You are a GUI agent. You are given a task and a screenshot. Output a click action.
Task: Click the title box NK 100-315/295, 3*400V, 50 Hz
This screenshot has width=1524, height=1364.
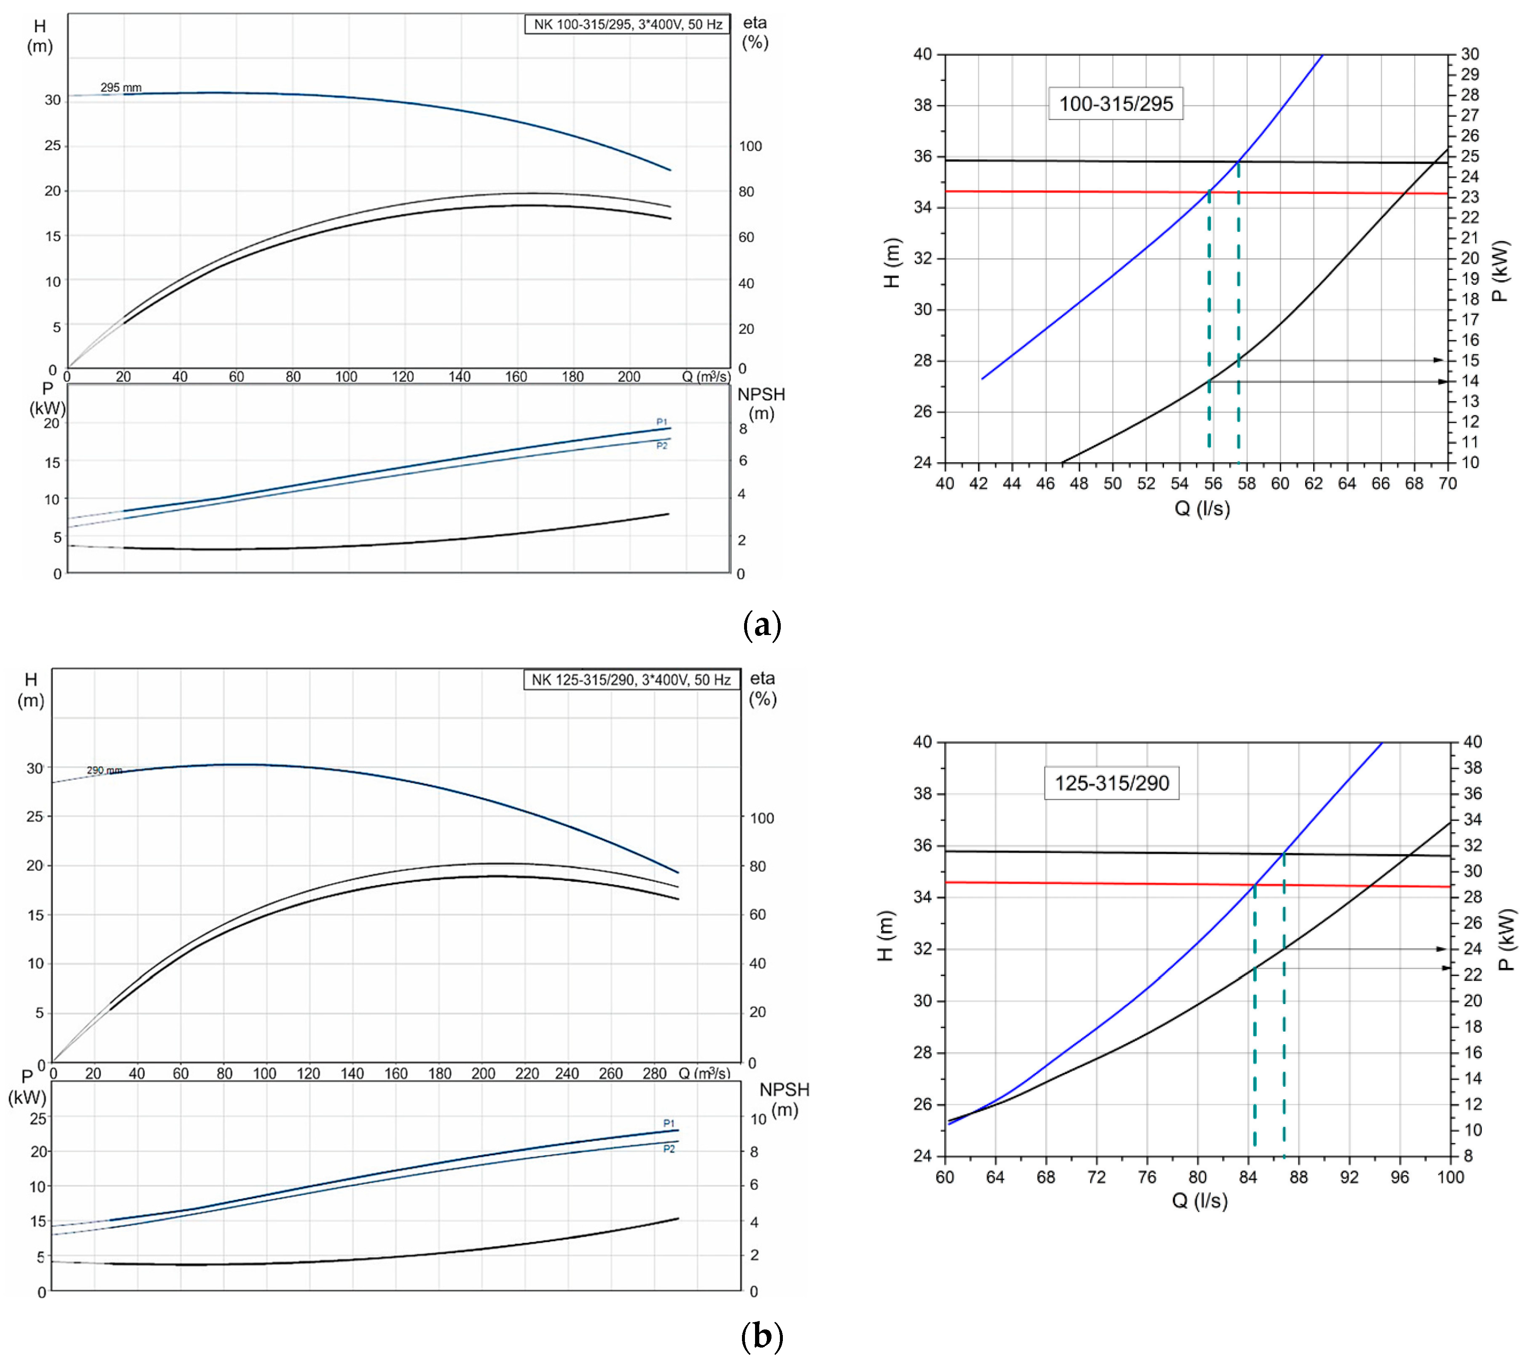point(627,24)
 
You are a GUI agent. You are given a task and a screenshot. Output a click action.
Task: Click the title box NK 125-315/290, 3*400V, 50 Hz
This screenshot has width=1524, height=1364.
point(630,680)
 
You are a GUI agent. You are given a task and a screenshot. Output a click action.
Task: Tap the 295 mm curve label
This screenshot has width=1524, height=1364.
point(121,88)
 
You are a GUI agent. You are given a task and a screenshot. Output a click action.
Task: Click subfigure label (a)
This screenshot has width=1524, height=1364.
point(762,624)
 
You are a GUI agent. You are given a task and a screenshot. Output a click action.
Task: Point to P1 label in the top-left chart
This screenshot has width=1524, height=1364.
point(661,422)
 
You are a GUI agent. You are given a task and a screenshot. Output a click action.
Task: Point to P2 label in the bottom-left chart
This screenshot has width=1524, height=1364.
point(669,1149)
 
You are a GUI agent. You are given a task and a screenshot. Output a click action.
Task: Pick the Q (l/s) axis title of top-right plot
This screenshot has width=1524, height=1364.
point(1201,509)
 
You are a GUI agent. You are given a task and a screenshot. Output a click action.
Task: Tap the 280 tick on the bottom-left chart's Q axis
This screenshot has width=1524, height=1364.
point(654,1073)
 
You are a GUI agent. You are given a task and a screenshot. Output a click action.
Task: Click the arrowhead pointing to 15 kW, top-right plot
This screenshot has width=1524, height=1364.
point(1438,360)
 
